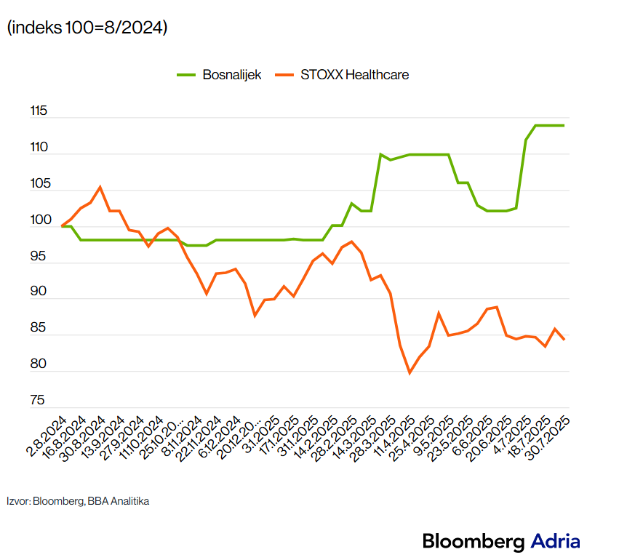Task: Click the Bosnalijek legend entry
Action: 232,75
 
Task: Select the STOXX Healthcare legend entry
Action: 354,75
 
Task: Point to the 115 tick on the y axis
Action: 39,112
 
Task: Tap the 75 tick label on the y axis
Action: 39,401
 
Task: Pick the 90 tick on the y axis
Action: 39,292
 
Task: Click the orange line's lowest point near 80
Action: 410,372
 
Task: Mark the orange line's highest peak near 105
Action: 100,187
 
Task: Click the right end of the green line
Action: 564,126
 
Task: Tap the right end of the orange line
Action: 564,340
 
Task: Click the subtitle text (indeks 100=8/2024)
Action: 87,28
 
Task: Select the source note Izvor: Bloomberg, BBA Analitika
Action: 78,501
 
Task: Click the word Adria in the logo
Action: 556,541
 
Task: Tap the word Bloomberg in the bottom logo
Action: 474,541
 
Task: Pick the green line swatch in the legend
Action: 187,75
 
